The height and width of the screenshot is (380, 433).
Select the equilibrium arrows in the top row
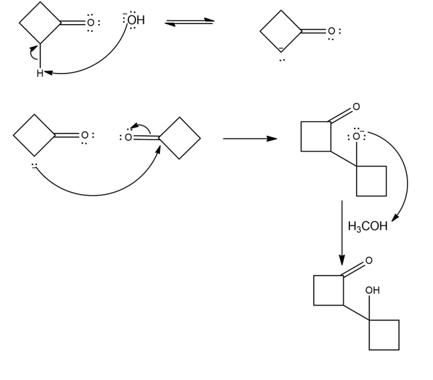coord(189,22)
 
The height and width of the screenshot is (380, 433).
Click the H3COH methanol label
coord(367,226)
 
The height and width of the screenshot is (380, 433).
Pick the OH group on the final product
coord(372,290)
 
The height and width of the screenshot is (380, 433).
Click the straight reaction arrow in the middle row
coord(249,139)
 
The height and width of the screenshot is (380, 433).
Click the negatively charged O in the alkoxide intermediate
coord(355,136)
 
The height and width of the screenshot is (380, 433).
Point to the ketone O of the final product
coord(368,260)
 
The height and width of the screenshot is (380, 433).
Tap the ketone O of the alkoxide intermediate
coord(355,106)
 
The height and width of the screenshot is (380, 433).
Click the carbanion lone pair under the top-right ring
coord(282,59)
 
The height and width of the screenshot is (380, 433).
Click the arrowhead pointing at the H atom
coord(49,73)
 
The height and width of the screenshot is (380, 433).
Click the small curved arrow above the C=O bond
coord(140,126)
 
